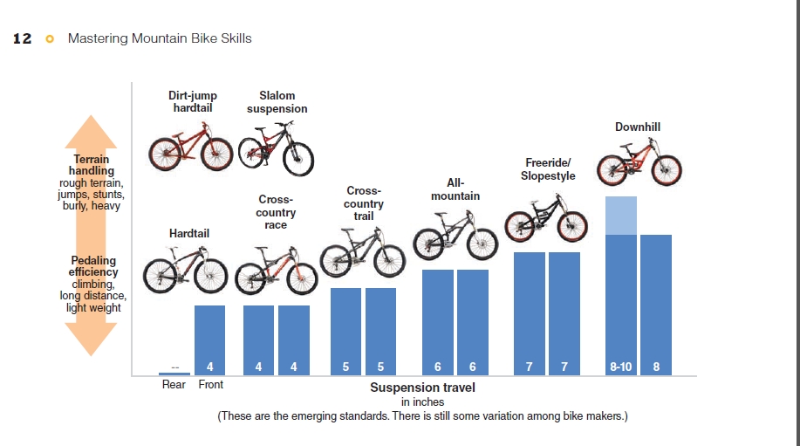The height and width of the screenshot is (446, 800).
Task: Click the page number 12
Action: point(23,38)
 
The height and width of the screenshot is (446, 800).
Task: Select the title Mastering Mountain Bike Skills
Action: point(160,38)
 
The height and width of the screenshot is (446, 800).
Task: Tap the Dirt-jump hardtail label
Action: point(193,102)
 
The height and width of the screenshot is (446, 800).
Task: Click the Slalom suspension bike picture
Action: point(276,149)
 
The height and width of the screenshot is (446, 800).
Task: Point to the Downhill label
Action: point(638,127)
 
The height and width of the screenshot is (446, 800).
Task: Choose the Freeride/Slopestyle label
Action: point(548,169)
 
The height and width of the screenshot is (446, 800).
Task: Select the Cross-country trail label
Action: point(364,203)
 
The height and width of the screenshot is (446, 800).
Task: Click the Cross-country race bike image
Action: point(276,270)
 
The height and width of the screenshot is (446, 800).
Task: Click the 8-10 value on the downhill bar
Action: point(621,367)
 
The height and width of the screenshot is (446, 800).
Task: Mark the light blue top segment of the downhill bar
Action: point(621,216)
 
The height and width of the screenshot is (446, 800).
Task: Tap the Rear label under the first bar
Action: point(174,385)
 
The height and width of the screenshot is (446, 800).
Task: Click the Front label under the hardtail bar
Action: point(210,385)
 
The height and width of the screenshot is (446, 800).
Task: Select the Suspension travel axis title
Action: point(422,388)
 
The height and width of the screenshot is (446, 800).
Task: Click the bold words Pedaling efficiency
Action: point(93,266)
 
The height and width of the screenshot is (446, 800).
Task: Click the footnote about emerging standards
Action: point(422,416)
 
